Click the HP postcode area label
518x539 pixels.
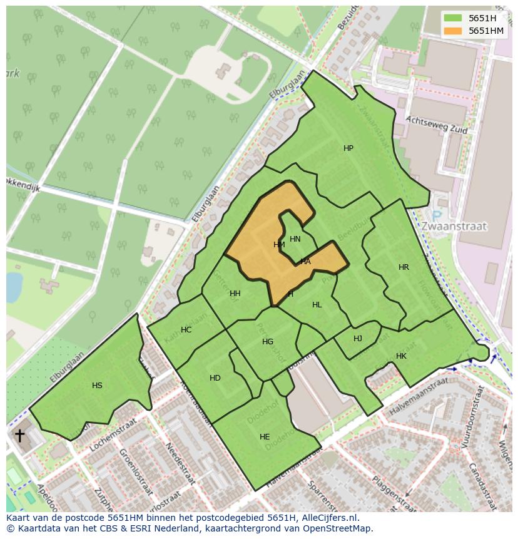[x=348, y=148]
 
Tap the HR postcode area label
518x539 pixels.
[x=404, y=267]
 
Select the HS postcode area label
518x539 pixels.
[x=97, y=386]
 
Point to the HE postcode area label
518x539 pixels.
[x=265, y=437]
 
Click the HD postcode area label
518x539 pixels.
[x=215, y=378]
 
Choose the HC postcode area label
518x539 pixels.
[x=186, y=330]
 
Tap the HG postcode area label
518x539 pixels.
[x=268, y=342]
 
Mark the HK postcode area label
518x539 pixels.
[x=401, y=356]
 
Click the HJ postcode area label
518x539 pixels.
[x=358, y=339]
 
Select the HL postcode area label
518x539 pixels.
[x=317, y=305]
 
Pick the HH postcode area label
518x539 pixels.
[x=235, y=294]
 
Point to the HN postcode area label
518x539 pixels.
[x=295, y=239]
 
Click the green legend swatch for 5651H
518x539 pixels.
[x=452, y=18]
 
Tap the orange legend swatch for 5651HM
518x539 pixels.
[x=452, y=31]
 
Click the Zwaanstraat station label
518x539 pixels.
[x=454, y=226]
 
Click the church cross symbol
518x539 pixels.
[x=19, y=435]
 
